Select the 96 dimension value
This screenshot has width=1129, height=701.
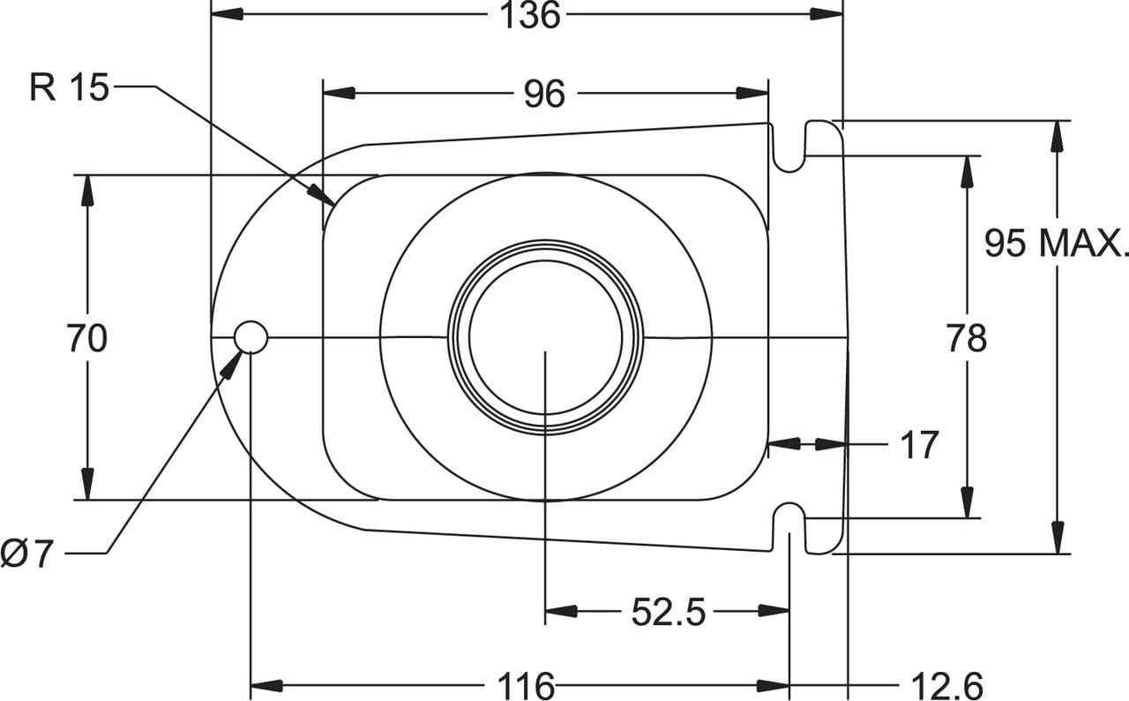point(544,94)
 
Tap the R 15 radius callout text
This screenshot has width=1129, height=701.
point(69,87)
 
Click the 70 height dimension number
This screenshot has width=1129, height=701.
point(86,338)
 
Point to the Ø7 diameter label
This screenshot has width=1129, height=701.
point(27,554)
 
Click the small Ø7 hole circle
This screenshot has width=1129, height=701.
point(250,336)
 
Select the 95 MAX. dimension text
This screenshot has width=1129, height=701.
point(1056,242)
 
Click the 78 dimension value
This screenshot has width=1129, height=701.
point(967,338)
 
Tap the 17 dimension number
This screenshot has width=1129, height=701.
point(919,446)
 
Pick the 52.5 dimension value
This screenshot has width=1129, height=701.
point(669,612)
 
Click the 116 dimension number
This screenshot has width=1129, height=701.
point(527,685)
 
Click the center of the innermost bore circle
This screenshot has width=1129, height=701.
point(545,337)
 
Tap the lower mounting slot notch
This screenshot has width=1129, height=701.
point(789,528)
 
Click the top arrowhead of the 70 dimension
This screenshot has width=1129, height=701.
point(87,188)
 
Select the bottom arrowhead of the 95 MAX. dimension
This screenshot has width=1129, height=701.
point(1058,539)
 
